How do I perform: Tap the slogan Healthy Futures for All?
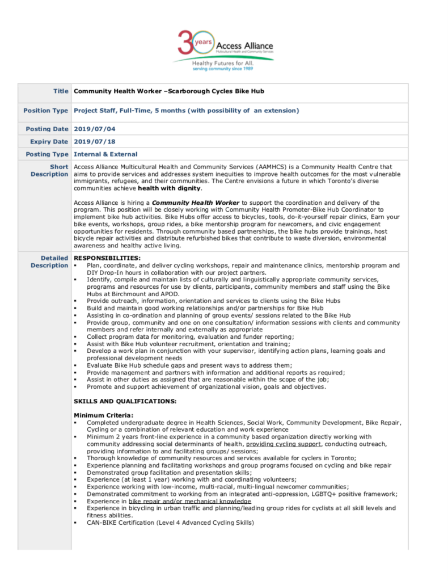tap(222, 64)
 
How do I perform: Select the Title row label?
tap(61, 91)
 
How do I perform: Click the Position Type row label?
tap(45, 111)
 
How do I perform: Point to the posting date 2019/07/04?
tap(95, 129)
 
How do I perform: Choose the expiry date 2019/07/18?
tap(95, 141)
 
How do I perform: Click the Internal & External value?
tap(105, 154)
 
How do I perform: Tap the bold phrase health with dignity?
tap(169, 188)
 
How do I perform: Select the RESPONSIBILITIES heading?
tap(99, 258)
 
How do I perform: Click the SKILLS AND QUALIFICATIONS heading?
tap(125, 401)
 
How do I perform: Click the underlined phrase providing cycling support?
tap(284, 444)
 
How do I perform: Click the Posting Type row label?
tap(47, 154)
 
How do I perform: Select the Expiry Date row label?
tap(49, 141)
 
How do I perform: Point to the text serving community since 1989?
tap(222, 69)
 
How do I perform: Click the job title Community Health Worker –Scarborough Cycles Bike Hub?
tap(169, 91)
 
